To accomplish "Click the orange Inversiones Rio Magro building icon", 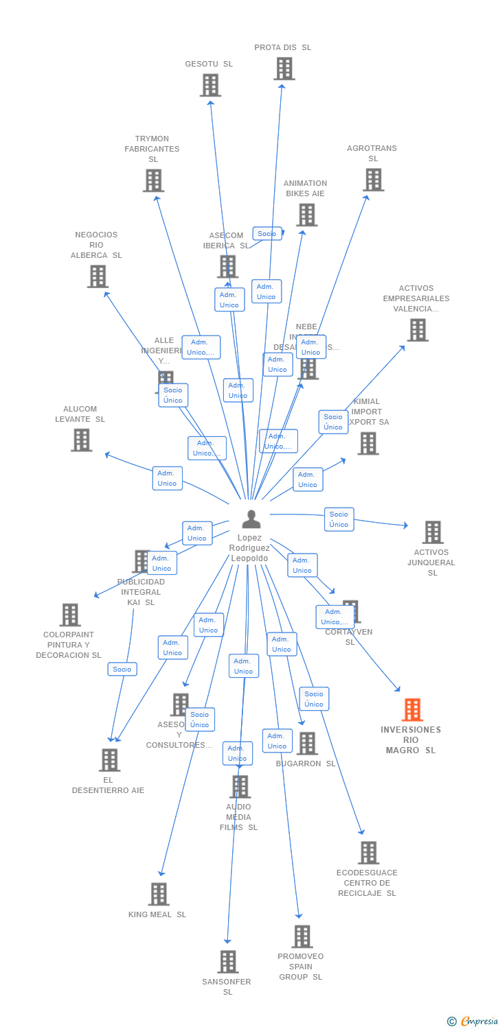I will [x=412, y=709].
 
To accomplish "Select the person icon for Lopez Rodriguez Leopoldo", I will [x=251, y=519].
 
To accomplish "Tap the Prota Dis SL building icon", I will [x=284, y=69].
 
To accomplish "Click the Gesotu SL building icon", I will [x=210, y=85].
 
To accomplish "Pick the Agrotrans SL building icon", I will [x=374, y=180].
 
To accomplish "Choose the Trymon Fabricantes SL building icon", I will [x=153, y=180].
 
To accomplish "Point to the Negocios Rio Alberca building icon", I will [x=98, y=276].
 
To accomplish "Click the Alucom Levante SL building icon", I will [x=81, y=440].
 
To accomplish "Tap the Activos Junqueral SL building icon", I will [x=433, y=532].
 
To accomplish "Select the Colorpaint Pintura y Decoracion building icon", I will [x=70, y=615].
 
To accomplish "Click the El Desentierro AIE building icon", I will [x=110, y=760].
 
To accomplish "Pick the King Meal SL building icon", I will [x=159, y=894].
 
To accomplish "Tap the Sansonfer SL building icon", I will [x=228, y=962].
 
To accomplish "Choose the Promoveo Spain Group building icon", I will [x=302, y=936].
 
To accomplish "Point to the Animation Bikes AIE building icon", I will [x=306, y=215].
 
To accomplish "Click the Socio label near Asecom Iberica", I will [x=267, y=234].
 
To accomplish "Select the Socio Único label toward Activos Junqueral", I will [x=339, y=519].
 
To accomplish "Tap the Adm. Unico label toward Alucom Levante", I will [x=167, y=478].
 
